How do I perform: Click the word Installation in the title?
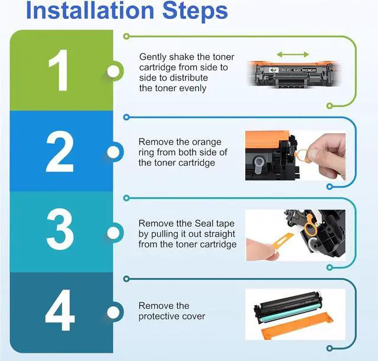pyautogui.click(x=90, y=11)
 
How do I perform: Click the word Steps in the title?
pyautogui.click(x=195, y=12)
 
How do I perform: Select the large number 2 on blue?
pyautogui.click(x=60, y=152)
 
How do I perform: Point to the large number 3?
pyautogui.click(x=60, y=229)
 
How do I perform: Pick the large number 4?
pyautogui.click(x=60, y=310)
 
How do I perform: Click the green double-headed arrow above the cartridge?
pyautogui.click(x=293, y=54)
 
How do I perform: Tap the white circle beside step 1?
pyautogui.click(x=113, y=71)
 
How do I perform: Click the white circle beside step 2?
pyautogui.click(x=113, y=152)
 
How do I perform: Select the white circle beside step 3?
pyautogui.click(x=113, y=233)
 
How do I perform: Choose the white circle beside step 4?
pyautogui.click(x=113, y=312)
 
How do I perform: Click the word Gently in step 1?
pyautogui.click(x=153, y=57)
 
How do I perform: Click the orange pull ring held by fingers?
pyautogui.click(x=301, y=156)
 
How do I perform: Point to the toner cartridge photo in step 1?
pyautogui.click(x=293, y=74)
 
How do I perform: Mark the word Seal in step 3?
pyautogui.click(x=204, y=223)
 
